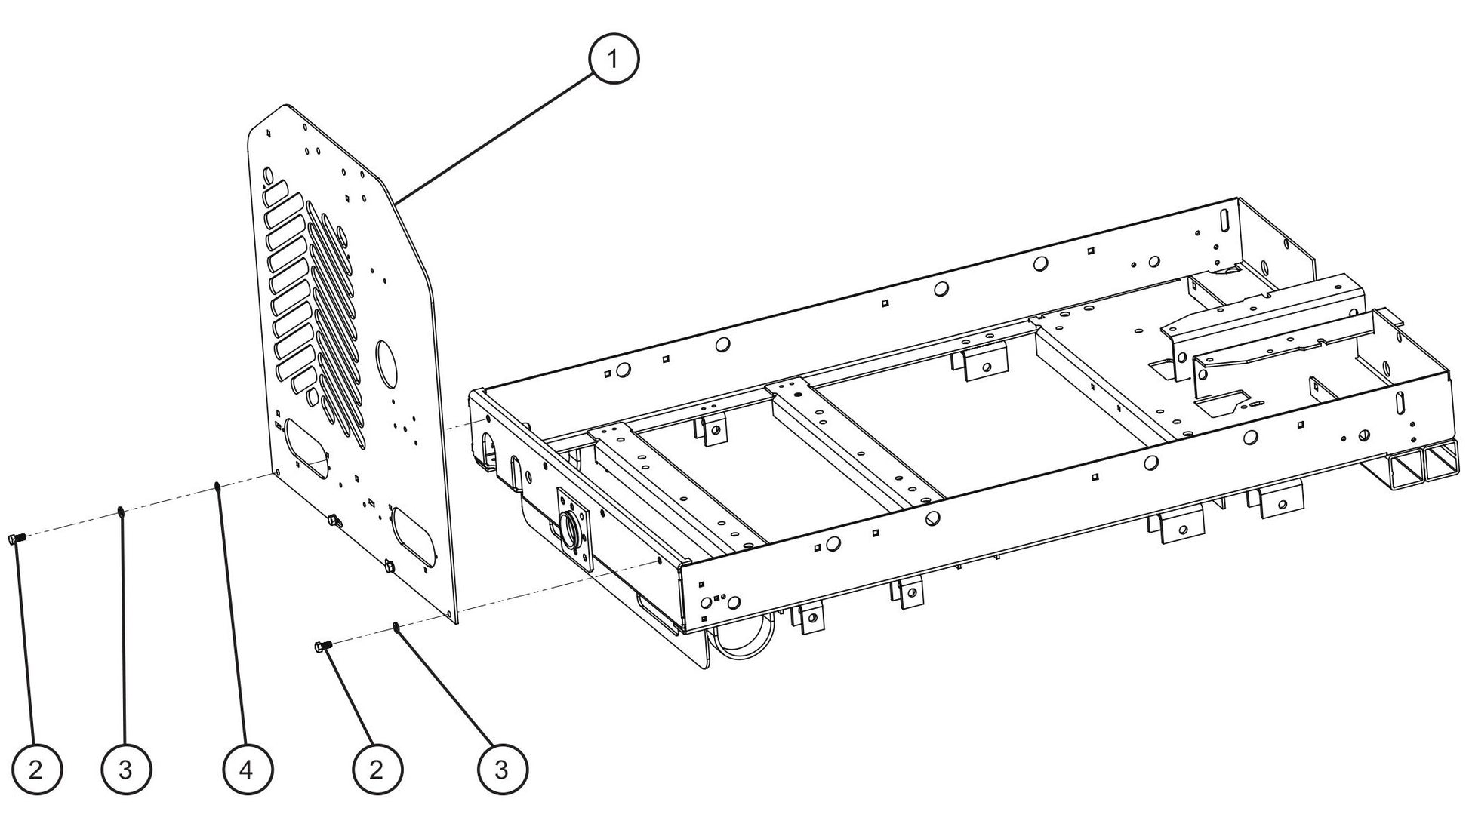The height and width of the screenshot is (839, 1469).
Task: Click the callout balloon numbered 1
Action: (614, 59)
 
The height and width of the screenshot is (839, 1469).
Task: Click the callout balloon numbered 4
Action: (247, 770)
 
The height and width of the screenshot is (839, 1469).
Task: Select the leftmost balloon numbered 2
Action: (36, 770)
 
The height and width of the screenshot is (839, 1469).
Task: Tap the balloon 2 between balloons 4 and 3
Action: (377, 770)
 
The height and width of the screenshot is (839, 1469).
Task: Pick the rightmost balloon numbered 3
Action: (503, 770)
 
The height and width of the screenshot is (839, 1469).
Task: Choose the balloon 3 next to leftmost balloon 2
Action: (126, 770)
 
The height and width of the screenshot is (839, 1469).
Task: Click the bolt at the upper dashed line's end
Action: (17, 538)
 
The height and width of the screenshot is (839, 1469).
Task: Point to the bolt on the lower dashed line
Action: (322, 646)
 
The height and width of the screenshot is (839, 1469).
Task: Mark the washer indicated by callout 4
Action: (217, 486)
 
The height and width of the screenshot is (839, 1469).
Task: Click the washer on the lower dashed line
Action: (396, 626)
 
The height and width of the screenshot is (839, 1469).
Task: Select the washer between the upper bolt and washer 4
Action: (121, 512)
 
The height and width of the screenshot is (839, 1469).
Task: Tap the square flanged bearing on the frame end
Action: (575, 528)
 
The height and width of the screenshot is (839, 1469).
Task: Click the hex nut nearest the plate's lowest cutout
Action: (390, 566)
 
